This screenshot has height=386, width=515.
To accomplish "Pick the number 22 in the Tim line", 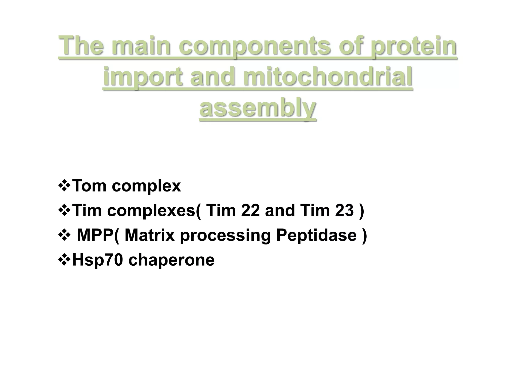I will coord(250,210).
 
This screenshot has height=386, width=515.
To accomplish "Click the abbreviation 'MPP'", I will coord(95,235).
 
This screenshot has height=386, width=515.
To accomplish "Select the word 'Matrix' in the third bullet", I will coord(150,235).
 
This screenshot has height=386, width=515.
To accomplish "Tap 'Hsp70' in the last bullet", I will coord(98,260).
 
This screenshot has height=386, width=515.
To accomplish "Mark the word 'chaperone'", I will coord(171,260).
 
